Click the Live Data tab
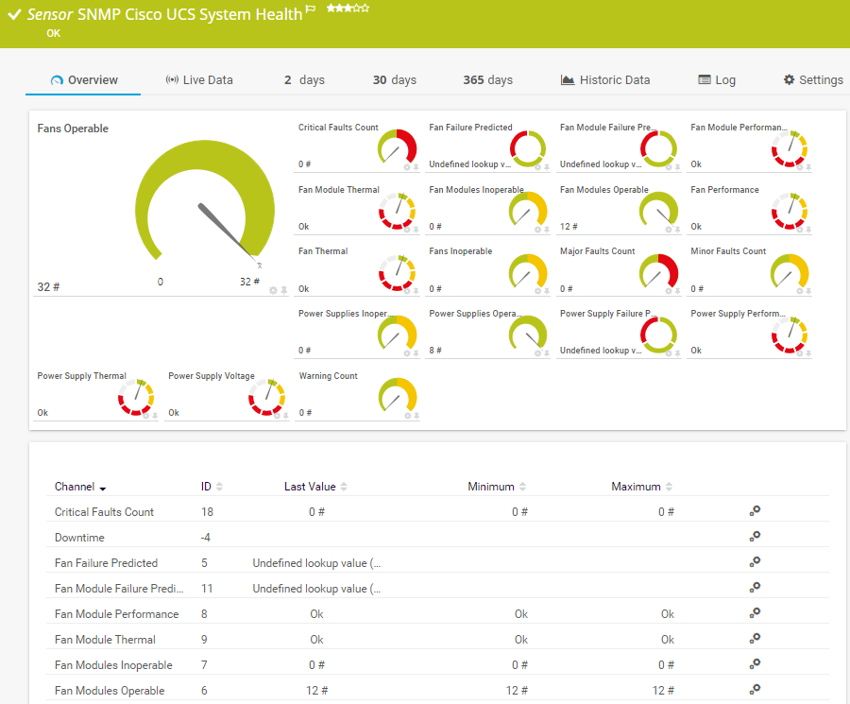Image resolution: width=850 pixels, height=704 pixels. (199, 80)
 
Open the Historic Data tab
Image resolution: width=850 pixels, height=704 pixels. (605, 80)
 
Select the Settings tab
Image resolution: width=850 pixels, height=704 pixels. (813, 80)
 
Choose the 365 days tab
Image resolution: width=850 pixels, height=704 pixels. (487, 80)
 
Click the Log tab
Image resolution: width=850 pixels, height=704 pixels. (717, 80)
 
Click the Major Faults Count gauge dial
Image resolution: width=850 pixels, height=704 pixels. (659, 272)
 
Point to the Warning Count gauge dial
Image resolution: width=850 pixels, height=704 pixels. (398, 397)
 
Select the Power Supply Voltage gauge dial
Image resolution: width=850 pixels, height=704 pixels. (267, 397)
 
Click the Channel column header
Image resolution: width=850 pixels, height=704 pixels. (75, 487)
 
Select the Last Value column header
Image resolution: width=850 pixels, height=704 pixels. (310, 487)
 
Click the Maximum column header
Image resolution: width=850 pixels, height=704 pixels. (636, 487)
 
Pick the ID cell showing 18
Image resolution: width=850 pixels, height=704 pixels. (207, 512)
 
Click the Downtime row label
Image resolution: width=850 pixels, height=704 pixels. (79, 538)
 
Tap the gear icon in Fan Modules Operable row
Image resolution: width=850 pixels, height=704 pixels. (755, 690)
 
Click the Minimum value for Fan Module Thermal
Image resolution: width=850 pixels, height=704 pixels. (520, 640)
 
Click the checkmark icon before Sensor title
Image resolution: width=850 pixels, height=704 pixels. (14, 14)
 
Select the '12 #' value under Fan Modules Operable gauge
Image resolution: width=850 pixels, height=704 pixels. (569, 227)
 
